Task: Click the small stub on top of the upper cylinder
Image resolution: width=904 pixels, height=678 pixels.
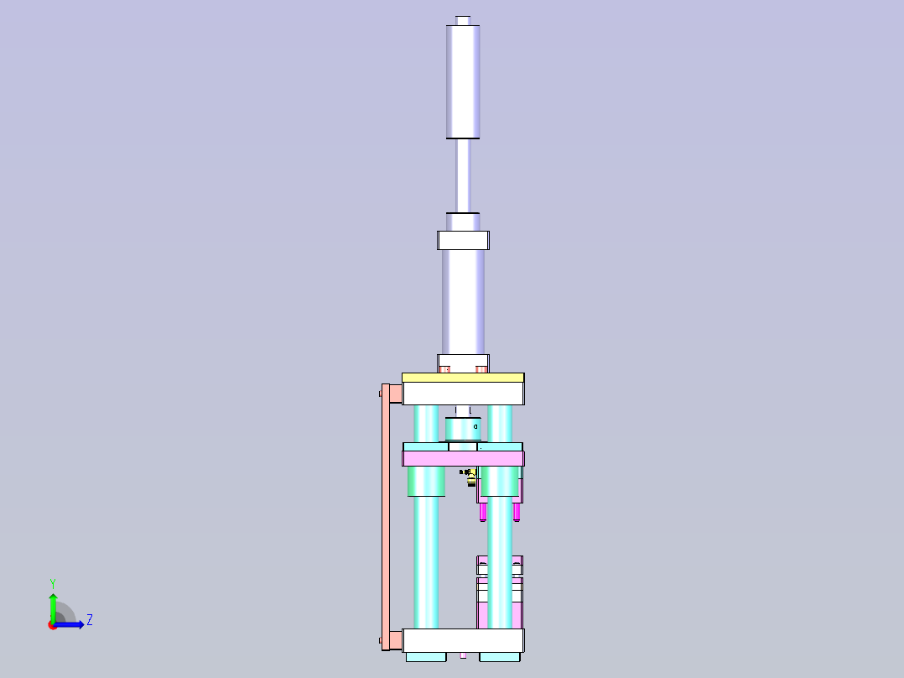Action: tap(463, 19)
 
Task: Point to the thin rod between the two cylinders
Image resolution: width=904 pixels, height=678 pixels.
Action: tap(463, 175)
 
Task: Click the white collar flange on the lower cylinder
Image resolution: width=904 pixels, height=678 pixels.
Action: tap(463, 240)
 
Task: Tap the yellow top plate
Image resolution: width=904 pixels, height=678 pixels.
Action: tap(463, 378)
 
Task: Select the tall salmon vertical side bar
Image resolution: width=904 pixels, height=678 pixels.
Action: tap(386, 516)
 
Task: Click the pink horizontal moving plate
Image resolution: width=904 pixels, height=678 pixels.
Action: tap(463, 458)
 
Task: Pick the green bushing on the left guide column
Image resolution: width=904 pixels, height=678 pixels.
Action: tap(426, 482)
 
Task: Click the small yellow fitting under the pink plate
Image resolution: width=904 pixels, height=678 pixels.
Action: tap(471, 477)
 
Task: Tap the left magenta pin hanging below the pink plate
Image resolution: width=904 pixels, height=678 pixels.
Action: tap(483, 511)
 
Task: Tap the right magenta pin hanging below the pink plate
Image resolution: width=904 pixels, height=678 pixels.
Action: tap(517, 511)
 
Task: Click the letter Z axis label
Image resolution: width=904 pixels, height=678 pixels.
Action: tap(90, 620)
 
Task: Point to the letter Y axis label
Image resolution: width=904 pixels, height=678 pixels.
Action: tap(53, 582)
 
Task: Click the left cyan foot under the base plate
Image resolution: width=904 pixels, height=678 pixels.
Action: tap(426, 657)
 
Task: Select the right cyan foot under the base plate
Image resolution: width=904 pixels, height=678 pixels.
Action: tap(501, 657)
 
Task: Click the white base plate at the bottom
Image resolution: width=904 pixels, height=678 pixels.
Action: tap(463, 641)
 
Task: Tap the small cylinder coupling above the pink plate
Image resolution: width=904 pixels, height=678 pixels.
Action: tap(463, 429)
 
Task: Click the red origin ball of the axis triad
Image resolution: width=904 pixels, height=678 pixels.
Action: tap(53, 625)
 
